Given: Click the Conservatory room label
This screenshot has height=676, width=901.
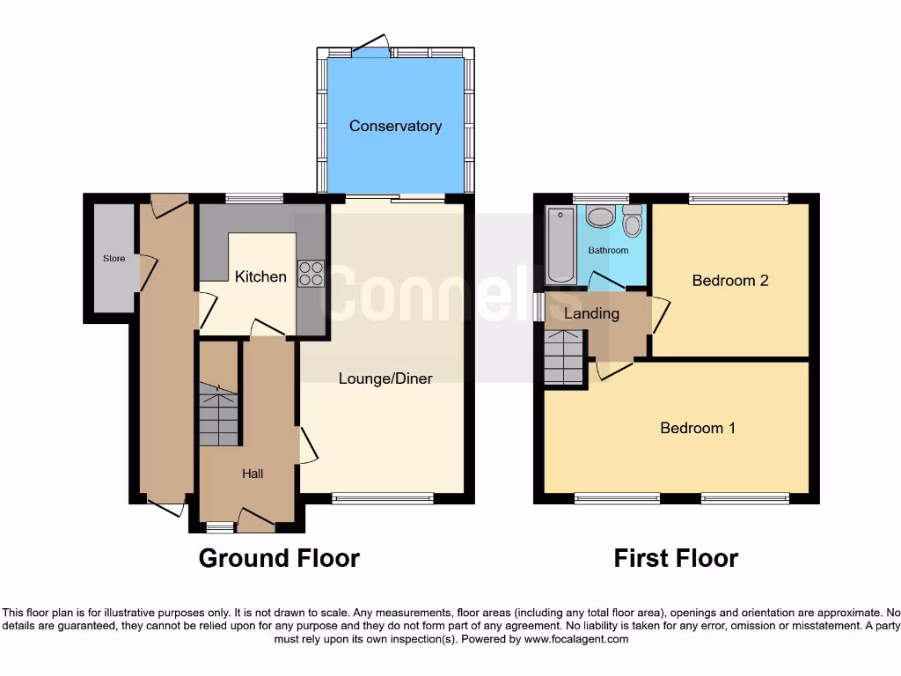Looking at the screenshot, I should pos(395,126).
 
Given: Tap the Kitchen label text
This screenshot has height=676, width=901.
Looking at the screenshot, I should pos(260,276).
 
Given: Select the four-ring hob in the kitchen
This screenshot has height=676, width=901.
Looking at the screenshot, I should pos(311,275).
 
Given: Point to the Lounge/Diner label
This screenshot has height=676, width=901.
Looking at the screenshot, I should pos(385,378).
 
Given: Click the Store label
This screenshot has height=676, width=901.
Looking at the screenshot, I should pos(114,259).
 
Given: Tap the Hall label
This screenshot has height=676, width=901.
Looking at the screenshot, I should pos(253,474).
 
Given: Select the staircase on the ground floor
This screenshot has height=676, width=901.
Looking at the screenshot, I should pos(218,414).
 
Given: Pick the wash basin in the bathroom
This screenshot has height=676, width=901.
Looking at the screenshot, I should pos(601,217).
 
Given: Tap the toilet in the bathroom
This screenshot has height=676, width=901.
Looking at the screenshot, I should pos(632,222).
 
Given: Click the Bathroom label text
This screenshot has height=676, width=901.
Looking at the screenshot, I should pos(608,250).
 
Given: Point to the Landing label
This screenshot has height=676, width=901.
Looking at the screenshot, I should pos(591,313).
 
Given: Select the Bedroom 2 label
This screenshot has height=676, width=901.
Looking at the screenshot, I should pos(730,281).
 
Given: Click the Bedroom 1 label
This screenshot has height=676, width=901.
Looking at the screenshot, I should pos(698,428).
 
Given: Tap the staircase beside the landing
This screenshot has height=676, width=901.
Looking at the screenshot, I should pos(564,357).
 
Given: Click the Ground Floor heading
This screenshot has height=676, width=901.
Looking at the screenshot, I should pos(279,558).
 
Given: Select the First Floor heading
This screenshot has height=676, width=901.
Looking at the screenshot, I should pos(676,558).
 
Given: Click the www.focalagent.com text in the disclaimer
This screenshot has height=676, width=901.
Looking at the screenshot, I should pos(575,639).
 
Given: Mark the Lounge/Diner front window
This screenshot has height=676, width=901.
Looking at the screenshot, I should pos(383,499).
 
